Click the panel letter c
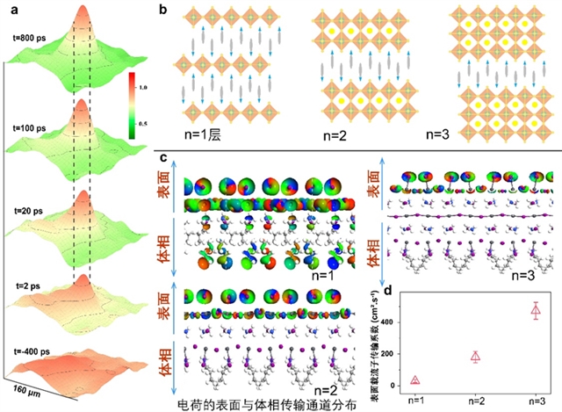coord(164,158)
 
